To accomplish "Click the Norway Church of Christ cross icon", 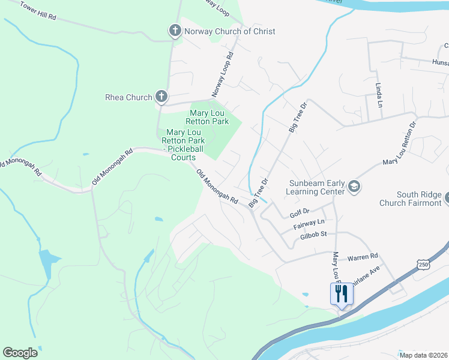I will [x=175, y=31].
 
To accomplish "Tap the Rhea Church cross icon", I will [x=161, y=97].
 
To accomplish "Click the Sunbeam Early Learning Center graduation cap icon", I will [x=354, y=187].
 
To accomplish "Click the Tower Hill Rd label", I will [x=37, y=11].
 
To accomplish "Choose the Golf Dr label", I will [x=299, y=211].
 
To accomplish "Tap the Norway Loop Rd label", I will [x=221, y=75].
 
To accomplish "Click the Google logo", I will [x=20, y=353].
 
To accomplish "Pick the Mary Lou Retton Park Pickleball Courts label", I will [x=182, y=145].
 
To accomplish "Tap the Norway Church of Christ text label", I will [x=230, y=31].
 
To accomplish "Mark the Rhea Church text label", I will [x=128, y=97].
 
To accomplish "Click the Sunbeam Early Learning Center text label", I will [x=316, y=187].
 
